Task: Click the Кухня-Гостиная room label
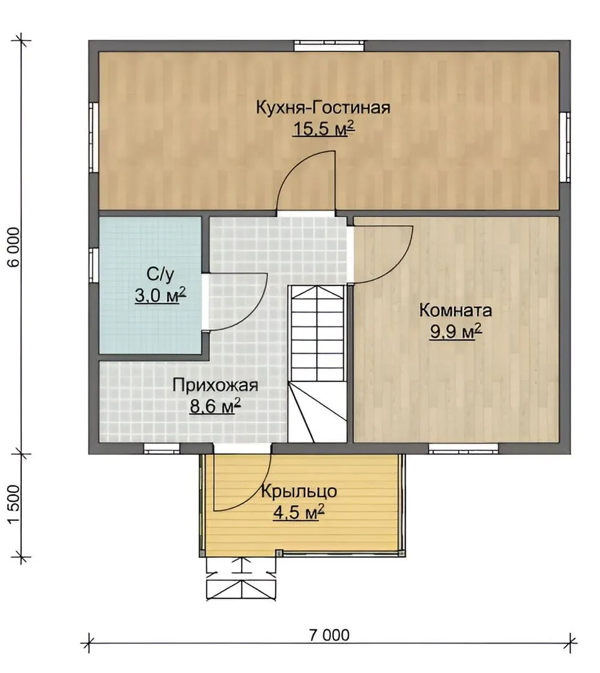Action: click(x=323, y=107)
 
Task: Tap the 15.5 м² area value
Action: click(x=323, y=128)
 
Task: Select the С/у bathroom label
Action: click(x=160, y=275)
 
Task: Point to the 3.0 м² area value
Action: click(x=160, y=295)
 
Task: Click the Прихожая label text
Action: click(x=215, y=386)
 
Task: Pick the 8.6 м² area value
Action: click(x=215, y=406)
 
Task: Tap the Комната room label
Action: click(x=455, y=310)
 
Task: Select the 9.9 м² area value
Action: click(x=455, y=332)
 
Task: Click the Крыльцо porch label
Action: click(x=298, y=492)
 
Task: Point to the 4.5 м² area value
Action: click(x=298, y=512)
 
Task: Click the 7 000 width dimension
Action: click(x=329, y=635)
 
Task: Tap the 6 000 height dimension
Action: click(x=14, y=247)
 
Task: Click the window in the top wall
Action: click(x=329, y=45)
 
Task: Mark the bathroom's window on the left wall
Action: click(x=94, y=265)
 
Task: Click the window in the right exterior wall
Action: click(x=565, y=147)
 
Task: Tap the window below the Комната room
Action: click(x=464, y=449)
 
